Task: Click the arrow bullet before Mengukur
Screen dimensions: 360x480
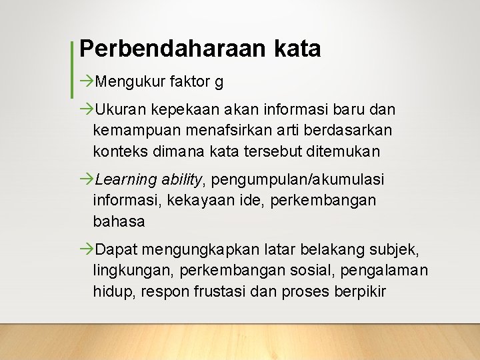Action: point(87,81)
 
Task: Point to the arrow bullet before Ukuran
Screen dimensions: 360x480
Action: point(87,108)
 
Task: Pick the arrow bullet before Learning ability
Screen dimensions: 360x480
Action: point(87,179)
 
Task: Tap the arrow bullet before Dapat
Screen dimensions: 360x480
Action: point(87,250)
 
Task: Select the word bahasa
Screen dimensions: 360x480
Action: point(119,221)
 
